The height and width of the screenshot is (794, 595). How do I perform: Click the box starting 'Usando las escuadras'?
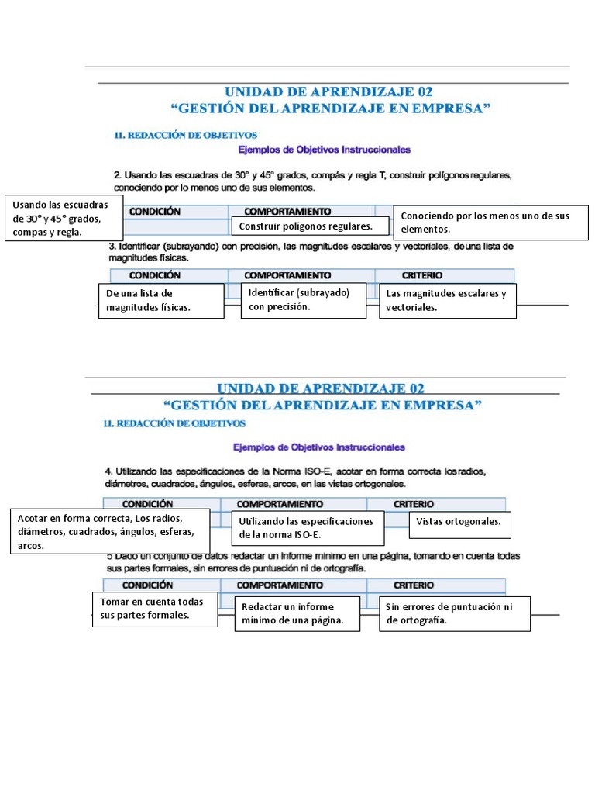pos(64,218)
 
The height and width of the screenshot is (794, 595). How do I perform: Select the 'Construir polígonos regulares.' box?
pos(309,226)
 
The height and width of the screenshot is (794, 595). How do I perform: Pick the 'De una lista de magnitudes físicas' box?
pos(161,301)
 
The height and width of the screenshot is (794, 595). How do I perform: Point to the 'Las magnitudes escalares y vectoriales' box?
pos(447,301)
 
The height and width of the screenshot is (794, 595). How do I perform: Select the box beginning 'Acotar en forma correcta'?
pos(110,532)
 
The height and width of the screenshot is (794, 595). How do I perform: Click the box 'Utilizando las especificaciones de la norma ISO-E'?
pos(308,528)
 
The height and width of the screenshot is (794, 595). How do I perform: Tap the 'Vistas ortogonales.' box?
pos(459,523)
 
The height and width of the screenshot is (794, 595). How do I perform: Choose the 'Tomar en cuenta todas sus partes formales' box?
pos(152,609)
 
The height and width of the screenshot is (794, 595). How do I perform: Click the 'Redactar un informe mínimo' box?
pos(297,613)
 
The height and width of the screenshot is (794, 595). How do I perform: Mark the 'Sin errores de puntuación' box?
pos(454,613)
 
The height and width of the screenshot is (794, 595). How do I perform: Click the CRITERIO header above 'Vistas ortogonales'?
pos(413,504)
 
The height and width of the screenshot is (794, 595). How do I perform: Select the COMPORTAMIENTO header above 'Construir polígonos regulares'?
pos(287,212)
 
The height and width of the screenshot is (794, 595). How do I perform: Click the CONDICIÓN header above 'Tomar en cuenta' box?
pos(148,585)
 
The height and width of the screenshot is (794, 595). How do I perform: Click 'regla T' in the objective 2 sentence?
pos(369,175)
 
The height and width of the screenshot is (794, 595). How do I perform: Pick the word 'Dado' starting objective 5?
pos(128,556)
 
